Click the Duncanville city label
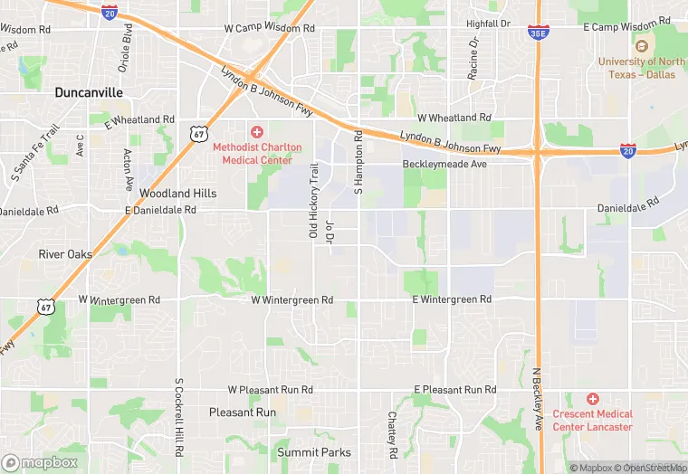coord(89,92)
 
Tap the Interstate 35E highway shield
coord(537,33)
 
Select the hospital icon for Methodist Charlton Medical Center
coord(257,132)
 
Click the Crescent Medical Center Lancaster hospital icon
coord(593,399)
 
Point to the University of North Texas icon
coord(642,47)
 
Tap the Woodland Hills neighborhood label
coord(177,194)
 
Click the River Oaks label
coord(65,254)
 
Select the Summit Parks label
coord(313,452)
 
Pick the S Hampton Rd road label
coord(358,162)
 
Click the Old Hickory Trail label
coord(314,202)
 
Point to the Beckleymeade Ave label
coord(444,165)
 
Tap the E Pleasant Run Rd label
coord(454,390)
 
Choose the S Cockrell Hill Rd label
coord(179,416)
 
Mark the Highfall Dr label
coord(488,24)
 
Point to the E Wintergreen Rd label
coord(452,299)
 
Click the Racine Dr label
coord(473,60)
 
